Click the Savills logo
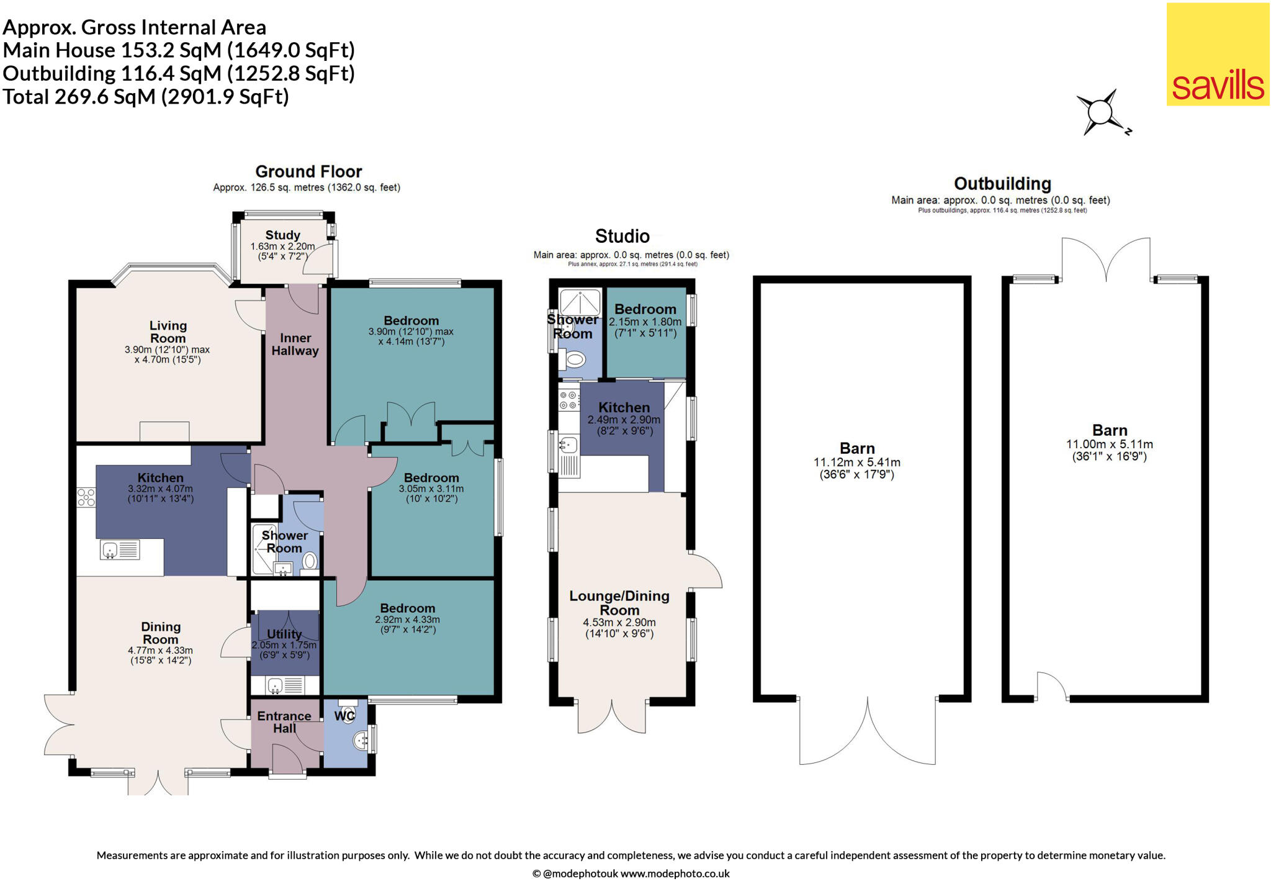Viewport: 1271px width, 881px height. (x=1218, y=55)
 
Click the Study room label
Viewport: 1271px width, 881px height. (x=282, y=235)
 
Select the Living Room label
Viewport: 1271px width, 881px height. (x=168, y=332)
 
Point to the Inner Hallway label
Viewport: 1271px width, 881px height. (x=295, y=344)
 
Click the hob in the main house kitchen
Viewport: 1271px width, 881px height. (x=86, y=497)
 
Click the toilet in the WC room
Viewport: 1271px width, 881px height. (x=348, y=712)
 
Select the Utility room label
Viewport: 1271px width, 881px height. (x=284, y=634)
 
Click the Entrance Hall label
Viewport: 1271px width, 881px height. (x=284, y=721)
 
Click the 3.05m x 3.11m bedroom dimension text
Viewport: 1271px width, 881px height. (x=431, y=494)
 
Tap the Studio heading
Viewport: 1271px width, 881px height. (x=622, y=236)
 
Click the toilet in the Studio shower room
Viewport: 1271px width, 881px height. (x=573, y=359)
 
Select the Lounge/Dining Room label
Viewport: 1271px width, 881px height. (x=619, y=602)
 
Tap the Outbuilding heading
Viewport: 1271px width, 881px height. (x=1002, y=184)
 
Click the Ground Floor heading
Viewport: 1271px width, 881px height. (x=308, y=171)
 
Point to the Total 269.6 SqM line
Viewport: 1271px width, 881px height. (x=146, y=97)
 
